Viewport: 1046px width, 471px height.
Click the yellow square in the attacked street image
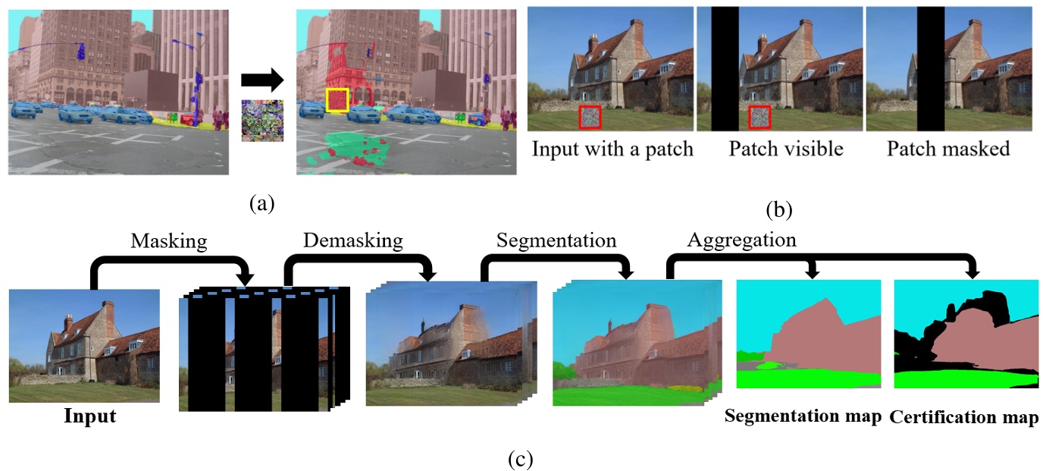pos(337,100)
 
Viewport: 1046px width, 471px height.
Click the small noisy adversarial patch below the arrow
pos(261,121)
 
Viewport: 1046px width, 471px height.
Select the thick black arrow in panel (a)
pos(261,80)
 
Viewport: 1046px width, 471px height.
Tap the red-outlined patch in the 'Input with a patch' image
pos(590,118)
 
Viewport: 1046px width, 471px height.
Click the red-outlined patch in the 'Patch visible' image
pos(759,118)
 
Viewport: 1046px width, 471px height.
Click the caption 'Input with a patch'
pos(612,149)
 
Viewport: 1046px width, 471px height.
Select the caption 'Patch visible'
pos(786,149)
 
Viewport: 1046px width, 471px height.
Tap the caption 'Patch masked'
pos(948,149)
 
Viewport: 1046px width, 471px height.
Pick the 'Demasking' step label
pos(353,241)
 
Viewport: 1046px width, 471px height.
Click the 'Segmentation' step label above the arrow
pos(556,241)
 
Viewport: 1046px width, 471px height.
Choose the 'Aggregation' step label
pos(741,241)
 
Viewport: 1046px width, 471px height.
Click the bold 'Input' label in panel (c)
pos(89,416)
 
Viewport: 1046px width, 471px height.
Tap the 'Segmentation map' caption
pos(803,417)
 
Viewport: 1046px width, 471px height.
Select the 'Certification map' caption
pos(963,417)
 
